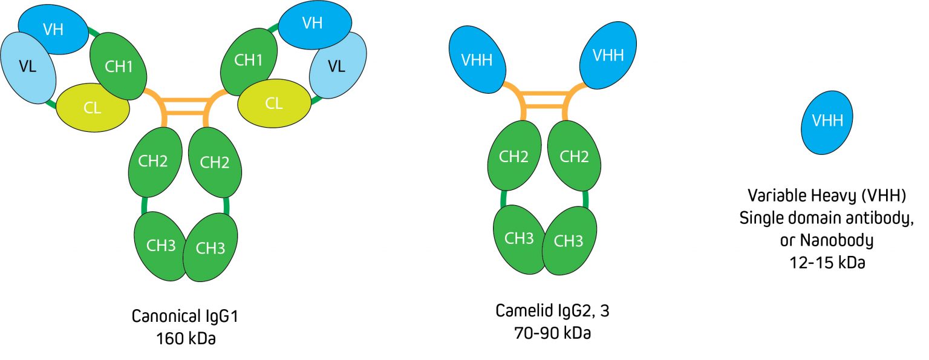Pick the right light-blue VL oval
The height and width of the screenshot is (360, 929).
(337, 67)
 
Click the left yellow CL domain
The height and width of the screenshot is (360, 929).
(93, 108)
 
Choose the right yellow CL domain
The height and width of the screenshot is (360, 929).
(273, 103)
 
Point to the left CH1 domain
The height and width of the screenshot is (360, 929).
(119, 66)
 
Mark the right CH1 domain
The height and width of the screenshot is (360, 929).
(249, 61)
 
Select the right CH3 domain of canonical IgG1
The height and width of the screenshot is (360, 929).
(211, 248)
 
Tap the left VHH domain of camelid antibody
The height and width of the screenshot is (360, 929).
(477, 60)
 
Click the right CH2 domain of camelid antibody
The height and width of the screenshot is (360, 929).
(574, 157)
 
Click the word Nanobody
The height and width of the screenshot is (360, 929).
(837, 240)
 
